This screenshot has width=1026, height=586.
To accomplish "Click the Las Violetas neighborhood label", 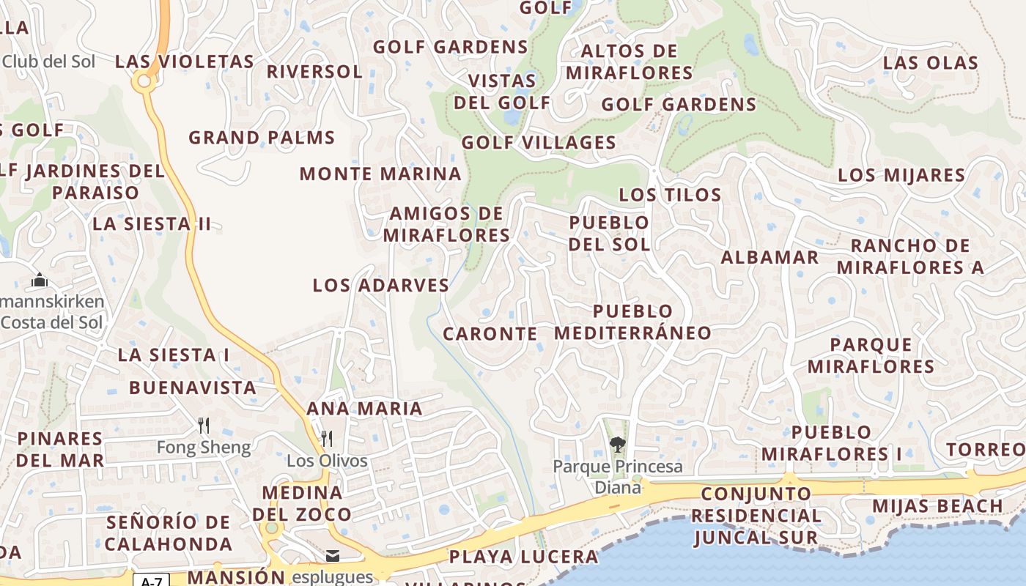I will click(184, 62).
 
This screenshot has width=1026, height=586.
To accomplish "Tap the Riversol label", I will click(314, 72).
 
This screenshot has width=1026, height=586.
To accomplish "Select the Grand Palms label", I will click(262, 138).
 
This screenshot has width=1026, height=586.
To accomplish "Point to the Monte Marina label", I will click(380, 174).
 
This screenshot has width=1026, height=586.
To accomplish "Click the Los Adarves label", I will click(380, 285).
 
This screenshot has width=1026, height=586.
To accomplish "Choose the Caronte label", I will click(490, 334).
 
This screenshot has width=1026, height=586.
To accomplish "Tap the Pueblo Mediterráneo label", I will click(632, 322).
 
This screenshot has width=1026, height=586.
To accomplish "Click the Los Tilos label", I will click(670, 195).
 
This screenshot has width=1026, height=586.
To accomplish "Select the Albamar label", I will click(769, 257).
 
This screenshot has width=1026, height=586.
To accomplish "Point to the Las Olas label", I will click(930, 63).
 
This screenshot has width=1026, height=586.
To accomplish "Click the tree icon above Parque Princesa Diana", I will click(617, 444).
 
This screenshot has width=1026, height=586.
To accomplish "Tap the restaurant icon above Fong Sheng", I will click(204, 425).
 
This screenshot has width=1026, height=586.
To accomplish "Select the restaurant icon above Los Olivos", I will click(327, 438).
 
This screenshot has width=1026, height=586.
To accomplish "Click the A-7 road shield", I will click(151, 581).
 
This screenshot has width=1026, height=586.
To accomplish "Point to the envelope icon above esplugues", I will click(333, 556).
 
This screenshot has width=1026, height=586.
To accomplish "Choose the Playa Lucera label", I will click(523, 557).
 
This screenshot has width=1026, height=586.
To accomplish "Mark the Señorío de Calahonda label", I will click(169, 533).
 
